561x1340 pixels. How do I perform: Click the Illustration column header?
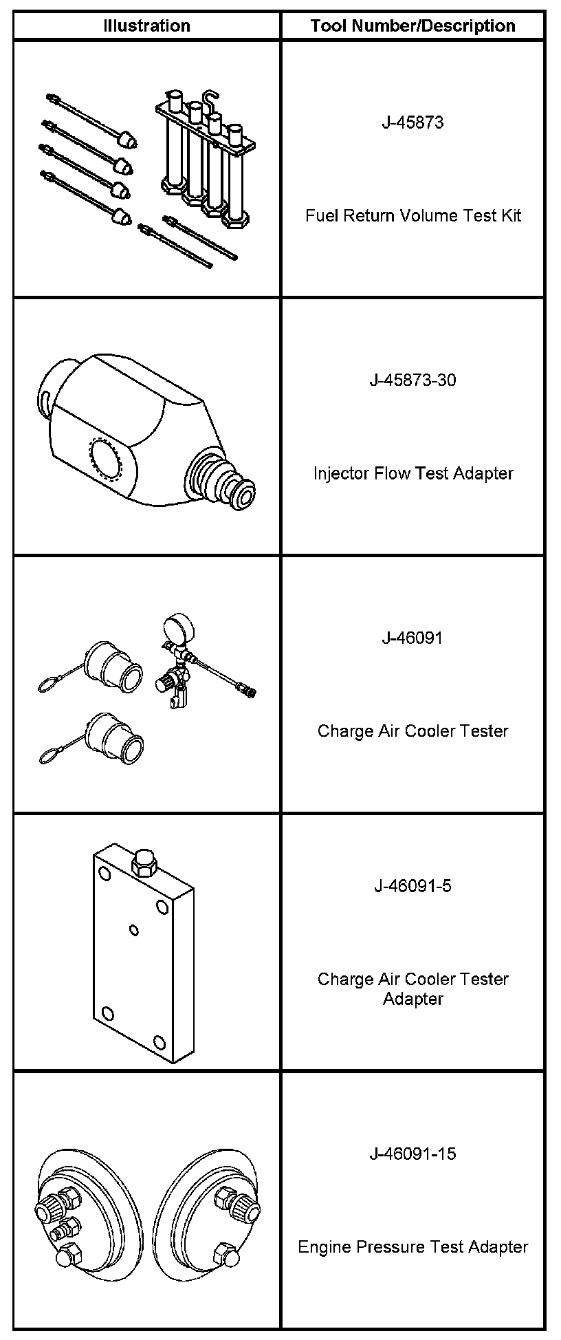[146, 26]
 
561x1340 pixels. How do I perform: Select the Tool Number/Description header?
[412, 26]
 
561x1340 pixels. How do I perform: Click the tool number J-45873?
[412, 122]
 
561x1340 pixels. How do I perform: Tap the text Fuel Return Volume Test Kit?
[412, 215]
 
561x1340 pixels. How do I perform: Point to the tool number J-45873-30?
[412, 380]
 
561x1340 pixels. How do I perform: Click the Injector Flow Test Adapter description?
[412, 473]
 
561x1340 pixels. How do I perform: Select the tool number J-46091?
[412, 638]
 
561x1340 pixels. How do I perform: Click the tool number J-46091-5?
[412, 885]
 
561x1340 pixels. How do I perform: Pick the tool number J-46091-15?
[412, 1154]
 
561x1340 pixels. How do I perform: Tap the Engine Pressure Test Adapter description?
[412, 1246]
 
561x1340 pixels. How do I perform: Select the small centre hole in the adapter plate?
[134, 931]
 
